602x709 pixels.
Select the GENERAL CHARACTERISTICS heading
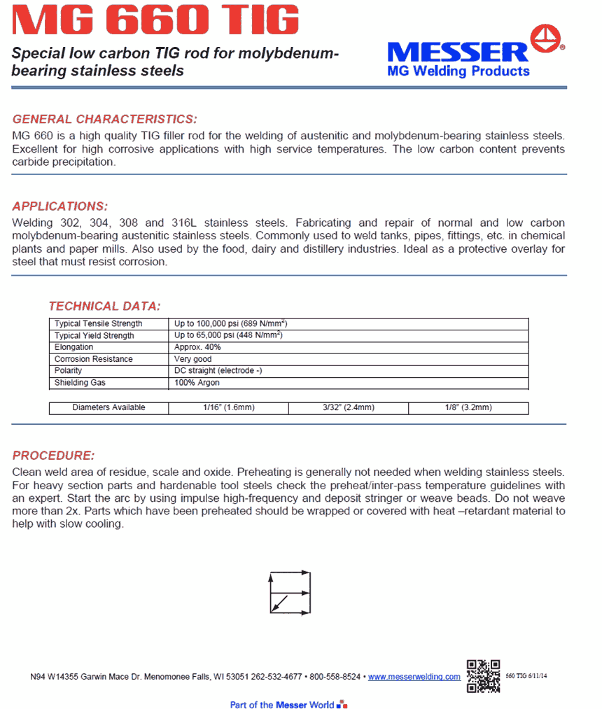(x=105, y=119)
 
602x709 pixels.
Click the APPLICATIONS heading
(x=60, y=206)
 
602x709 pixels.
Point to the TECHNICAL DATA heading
(x=104, y=306)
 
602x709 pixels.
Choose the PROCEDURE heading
(x=53, y=456)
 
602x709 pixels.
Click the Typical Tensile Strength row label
(x=99, y=324)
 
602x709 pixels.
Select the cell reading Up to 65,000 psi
(x=228, y=336)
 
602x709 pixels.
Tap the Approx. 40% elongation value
(x=197, y=347)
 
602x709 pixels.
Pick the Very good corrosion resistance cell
(x=193, y=359)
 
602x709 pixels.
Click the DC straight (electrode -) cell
(x=218, y=371)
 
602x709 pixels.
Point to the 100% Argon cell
(x=197, y=383)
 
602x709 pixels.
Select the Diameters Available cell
(x=108, y=408)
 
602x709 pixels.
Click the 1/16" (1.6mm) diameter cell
(x=228, y=408)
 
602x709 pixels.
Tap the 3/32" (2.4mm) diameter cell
(x=348, y=408)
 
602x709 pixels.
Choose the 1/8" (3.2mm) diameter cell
(x=468, y=408)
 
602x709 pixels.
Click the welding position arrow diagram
(x=290, y=593)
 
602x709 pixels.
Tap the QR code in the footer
(x=483, y=675)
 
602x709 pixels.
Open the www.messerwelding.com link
(x=414, y=677)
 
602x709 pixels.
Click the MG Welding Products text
(x=458, y=71)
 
